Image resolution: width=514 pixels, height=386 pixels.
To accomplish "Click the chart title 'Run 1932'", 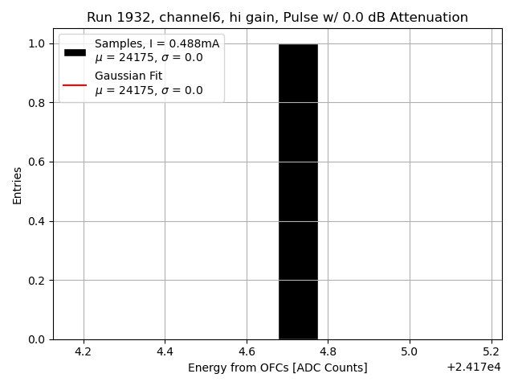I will pyautogui.click(x=277, y=18).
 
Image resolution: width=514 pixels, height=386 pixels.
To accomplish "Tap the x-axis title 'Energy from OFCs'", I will pyautogui.click(x=277, y=368).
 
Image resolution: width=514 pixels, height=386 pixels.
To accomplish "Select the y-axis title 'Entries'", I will pyautogui.click(x=18, y=185).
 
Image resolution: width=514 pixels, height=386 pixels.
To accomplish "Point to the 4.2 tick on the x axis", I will pyautogui.click(x=84, y=351).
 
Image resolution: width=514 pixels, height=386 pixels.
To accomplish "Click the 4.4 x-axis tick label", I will pyautogui.click(x=165, y=351).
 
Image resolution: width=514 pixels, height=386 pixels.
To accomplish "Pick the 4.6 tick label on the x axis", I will pyautogui.click(x=247, y=351).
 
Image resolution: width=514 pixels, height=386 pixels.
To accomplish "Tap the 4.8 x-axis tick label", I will pyautogui.click(x=328, y=351).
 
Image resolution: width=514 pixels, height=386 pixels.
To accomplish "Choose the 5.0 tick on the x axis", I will pyautogui.click(x=410, y=351).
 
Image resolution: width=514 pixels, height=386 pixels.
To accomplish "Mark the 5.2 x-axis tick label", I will pyautogui.click(x=491, y=351).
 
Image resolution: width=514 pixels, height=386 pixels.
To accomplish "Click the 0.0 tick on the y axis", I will pyautogui.click(x=37, y=339).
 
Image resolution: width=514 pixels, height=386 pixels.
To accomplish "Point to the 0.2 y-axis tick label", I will pyautogui.click(x=37, y=281).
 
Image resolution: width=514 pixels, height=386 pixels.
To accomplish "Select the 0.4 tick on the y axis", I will pyautogui.click(x=37, y=221).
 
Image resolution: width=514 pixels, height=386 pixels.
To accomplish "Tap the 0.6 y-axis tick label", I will pyautogui.click(x=37, y=162).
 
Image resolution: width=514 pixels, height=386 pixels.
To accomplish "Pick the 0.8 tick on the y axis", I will pyautogui.click(x=37, y=103).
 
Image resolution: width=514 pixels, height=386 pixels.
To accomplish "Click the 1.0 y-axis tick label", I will pyautogui.click(x=37, y=43).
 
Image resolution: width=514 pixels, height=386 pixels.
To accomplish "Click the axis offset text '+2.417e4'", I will pyautogui.click(x=473, y=368).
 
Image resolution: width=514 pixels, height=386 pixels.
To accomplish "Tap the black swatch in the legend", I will pyautogui.click(x=75, y=51).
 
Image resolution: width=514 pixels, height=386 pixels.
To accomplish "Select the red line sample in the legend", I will pyautogui.click(x=75, y=84).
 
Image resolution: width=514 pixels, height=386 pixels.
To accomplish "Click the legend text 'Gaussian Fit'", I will pyautogui.click(x=128, y=76).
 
